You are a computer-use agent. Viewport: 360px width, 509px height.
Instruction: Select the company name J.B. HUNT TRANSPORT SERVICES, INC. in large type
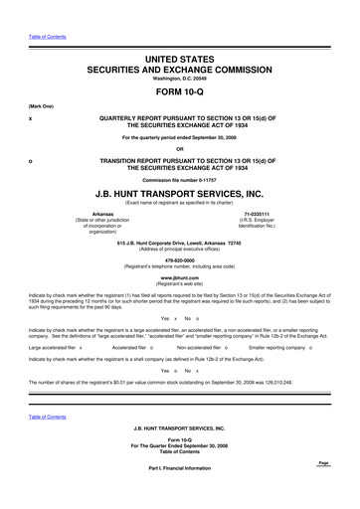coord(180,195)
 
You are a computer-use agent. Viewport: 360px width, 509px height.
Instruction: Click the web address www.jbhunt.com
coord(180,279)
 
